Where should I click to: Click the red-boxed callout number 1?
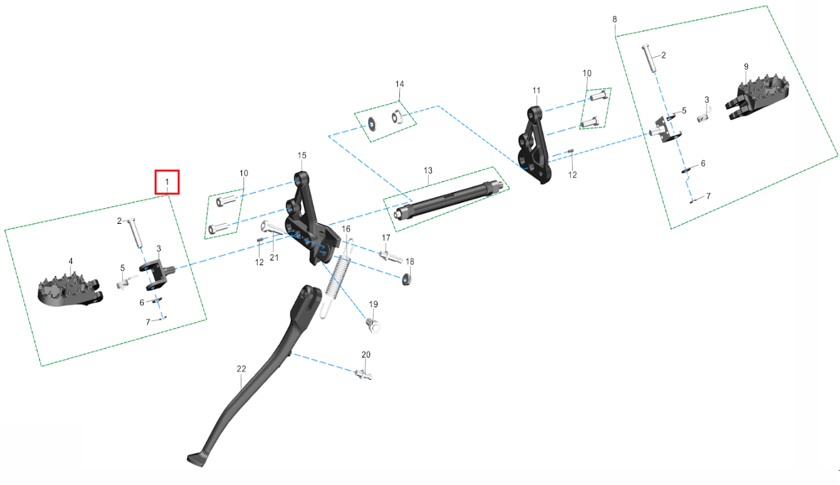pyautogui.click(x=167, y=182)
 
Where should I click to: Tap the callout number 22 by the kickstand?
pyautogui.click(x=241, y=369)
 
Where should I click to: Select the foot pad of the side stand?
pyautogui.click(x=197, y=459)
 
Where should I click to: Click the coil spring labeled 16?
pyautogui.click(x=337, y=277)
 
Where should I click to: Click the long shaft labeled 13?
pyautogui.click(x=449, y=200)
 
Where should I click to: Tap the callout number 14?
pyautogui.click(x=399, y=84)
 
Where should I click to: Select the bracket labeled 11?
pyautogui.click(x=535, y=144)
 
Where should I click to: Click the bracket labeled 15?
pyautogui.click(x=313, y=218)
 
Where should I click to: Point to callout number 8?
pyautogui.click(x=614, y=19)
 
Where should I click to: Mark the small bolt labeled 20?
pyautogui.click(x=363, y=374)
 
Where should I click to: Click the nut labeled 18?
pyautogui.click(x=406, y=279)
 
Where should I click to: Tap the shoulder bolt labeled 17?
pyautogui.click(x=391, y=257)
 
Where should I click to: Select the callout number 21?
pyautogui.click(x=274, y=258)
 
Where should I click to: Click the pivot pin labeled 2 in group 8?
pyautogui.click(x=649, y=58)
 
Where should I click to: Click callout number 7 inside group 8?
pyautogui.click(x=708, y=196)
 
